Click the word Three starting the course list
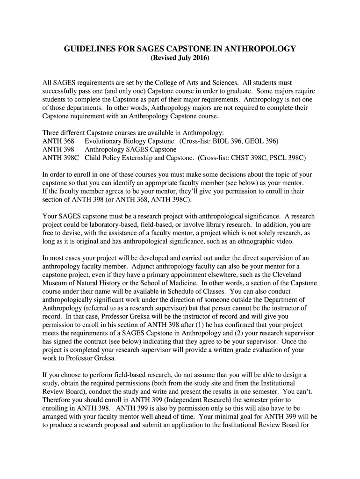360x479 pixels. (51, 133)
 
